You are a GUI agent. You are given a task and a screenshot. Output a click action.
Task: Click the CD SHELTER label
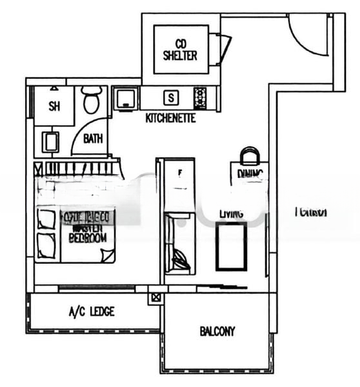pos(181,50)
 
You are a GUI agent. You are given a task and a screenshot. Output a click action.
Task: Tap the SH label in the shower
pos(54,107)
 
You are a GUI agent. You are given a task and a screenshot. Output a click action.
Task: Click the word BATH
pos(93,138)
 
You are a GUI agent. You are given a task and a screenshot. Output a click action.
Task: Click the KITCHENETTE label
pos(170,119)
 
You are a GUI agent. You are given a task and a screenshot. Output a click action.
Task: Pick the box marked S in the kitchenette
pos(170,99)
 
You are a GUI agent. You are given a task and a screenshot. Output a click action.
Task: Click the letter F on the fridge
pos(179,173)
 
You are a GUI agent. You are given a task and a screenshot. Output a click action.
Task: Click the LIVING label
pos(230,213)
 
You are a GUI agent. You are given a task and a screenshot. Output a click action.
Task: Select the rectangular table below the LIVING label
pos(231,246)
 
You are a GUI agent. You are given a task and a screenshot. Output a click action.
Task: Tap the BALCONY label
pos(217,332)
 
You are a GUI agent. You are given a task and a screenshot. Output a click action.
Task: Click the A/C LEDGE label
pos(92,312)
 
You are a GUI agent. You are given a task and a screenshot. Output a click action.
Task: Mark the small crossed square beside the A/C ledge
pos(155,298)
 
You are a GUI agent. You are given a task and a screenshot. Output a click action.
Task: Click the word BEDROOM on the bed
pos(88,237)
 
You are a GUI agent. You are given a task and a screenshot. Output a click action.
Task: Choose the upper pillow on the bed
pos(46,219)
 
